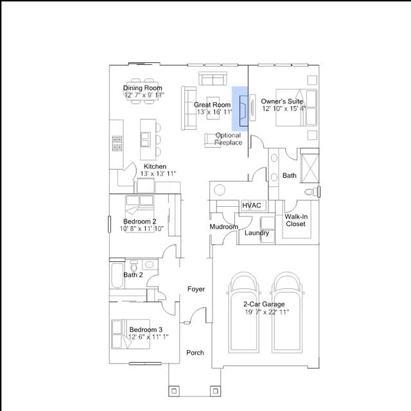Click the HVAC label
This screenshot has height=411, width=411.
point(251,205)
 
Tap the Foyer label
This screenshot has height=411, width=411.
point(196,289)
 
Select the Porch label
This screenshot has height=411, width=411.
point(195,353)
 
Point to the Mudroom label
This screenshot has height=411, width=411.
point(224,227)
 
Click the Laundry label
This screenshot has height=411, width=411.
point(257,233)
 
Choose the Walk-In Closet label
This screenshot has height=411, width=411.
point(296,220)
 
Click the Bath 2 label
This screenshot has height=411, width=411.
point(133,275)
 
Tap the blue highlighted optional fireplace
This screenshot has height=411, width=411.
point(240,109)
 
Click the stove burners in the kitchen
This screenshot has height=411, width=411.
point(117,143)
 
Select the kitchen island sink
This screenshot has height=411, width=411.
point(146,139)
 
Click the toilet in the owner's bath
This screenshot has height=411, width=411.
point(311,192)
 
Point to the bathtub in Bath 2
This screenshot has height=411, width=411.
point(117,275)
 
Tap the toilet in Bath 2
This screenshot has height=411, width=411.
point(134,266)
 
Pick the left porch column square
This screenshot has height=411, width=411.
point(174,391)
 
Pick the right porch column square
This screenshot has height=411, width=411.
point(216,391)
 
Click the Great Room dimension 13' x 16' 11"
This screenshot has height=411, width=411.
point(214,112)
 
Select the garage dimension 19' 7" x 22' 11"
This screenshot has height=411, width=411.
point(267,312)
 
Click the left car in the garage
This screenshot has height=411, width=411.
point(244,313)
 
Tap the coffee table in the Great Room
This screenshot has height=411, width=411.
point(213,109)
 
